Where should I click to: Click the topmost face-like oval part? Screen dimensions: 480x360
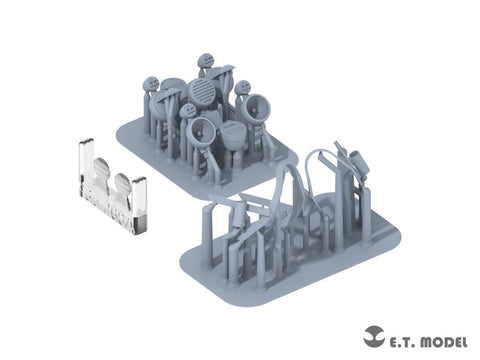pyautogui.click(x=205, y=61)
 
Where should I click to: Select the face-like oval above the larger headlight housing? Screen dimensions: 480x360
pyautogui.click(x=242, y=88)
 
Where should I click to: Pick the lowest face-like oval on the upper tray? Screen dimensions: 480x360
pyautogui.click(x=188, y=111)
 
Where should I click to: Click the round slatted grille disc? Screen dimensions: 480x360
pyautogui.click(x=200, y=91)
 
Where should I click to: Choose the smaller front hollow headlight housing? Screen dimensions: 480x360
pyautogui.click(x=201, y=131)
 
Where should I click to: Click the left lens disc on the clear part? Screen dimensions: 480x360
pyautogui.click(x=102, y=168)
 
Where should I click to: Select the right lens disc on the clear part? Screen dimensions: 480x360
pyautogui.click(x=122, y=183)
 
